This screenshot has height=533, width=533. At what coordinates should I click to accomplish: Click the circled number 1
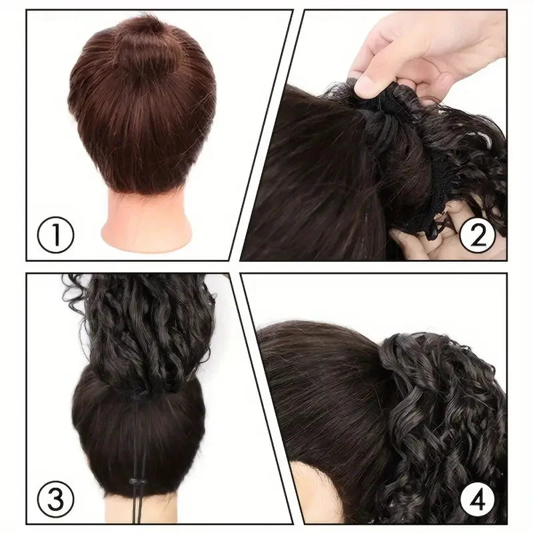coord(55,235)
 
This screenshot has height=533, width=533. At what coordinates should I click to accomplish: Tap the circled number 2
coord(477,235)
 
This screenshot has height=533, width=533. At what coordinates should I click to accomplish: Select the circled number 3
coord(55,499)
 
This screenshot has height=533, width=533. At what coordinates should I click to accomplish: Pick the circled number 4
coord(477,499)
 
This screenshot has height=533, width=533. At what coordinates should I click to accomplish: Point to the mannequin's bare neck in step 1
coord(147,218)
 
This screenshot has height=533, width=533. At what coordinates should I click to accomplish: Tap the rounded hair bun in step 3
coord(139,432)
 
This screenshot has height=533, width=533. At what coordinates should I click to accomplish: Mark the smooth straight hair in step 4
coord(326,391)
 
